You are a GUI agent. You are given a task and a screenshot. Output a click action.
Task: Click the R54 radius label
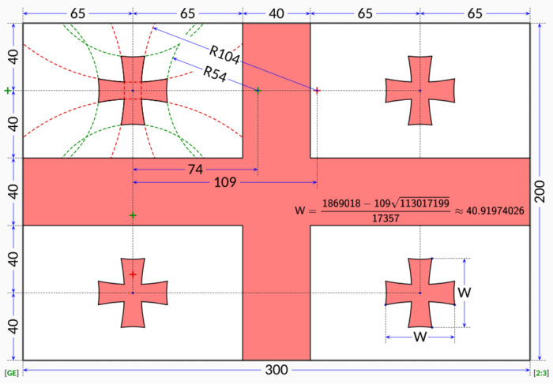tap(216, 73)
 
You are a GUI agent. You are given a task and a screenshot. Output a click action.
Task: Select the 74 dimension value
tap(194, 170)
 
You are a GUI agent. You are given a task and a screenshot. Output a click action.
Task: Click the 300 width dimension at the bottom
tap(276, 370)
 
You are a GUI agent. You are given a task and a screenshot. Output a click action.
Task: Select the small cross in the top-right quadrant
tap(420, 91)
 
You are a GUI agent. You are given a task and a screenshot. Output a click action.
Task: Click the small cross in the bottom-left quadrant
tap(133, 293)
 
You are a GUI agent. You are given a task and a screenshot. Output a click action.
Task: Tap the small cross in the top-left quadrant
tap(133, 91)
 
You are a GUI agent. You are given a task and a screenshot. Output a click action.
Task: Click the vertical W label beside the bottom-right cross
tap(465, 293)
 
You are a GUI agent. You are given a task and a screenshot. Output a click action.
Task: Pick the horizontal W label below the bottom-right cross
tap(420, 336)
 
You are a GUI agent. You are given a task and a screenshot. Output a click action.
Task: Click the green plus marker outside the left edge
tap(8, 91)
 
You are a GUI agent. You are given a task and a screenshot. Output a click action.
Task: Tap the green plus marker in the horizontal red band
tap(133, 215)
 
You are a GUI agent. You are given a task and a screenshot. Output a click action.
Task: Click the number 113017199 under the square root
tap(423, 203)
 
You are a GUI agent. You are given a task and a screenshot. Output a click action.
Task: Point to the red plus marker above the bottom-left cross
tap(133, 274)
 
